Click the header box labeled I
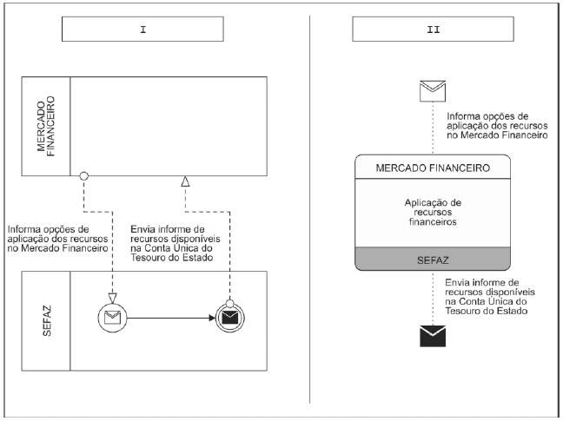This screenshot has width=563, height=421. tap(142, 29)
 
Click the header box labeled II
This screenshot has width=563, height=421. tap(433, 29)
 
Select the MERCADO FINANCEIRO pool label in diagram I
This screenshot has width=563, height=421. tap(46, 126)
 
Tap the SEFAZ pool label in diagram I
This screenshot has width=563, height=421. tap(46, 321)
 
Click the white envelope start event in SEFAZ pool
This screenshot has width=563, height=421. tap(112, 318)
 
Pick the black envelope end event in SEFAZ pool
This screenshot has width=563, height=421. tap(229, 318)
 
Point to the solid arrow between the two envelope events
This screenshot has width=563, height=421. tap(171, 318)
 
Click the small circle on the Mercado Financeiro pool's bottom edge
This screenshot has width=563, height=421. tap(83, 176)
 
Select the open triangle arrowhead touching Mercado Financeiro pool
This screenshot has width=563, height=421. tap(185, 181)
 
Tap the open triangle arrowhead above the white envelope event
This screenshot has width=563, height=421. tap(112, 299)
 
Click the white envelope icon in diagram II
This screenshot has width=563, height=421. tap(433, 91)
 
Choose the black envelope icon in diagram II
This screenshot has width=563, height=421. tap(433, 336)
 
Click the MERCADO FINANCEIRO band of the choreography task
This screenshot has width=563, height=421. tap(433, 168)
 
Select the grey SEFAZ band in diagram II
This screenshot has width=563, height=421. tap(433, 259)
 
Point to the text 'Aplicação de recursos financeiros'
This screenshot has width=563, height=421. tap(433, 213)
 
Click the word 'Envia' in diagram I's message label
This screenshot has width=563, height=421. tap(142, 229)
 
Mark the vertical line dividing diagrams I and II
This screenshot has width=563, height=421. tap(309, 209)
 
